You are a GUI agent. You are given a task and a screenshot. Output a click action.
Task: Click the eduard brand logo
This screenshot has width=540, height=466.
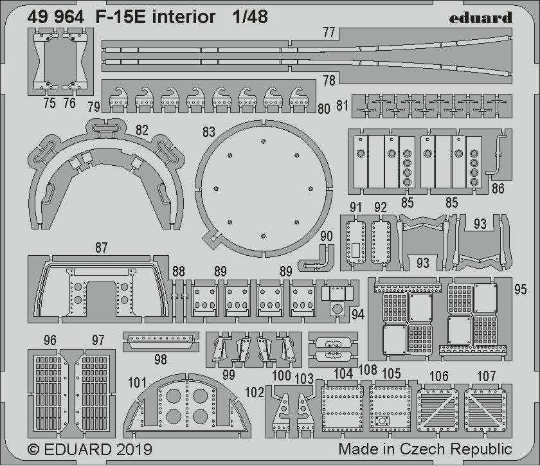[x=480, y=18]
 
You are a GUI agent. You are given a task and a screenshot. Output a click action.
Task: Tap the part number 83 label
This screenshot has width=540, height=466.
[x=209, y=132]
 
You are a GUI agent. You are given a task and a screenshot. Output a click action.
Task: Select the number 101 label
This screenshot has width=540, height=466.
[x=137, y=382]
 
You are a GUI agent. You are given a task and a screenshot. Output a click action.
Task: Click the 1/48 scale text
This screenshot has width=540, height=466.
[x=250, y=17]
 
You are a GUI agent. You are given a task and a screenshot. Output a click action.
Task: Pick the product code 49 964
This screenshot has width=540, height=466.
[x=56, y=17]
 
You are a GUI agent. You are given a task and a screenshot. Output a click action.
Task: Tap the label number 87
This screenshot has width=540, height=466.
[x=102, y=247]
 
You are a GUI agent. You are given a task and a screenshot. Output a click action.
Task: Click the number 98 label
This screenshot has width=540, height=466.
[x=161, y=359]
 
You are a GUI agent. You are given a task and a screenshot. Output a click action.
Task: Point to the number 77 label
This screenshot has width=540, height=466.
[x=329, y=32]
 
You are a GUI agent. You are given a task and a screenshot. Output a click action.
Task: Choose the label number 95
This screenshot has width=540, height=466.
[x=520, y=289]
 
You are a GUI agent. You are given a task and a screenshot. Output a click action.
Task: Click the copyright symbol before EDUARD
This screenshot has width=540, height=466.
[x=33, y=449]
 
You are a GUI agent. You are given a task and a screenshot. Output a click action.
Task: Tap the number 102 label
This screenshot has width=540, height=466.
[x=255, y=392]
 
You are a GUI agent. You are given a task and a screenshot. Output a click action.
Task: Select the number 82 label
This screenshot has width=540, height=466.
[x=142, y=130]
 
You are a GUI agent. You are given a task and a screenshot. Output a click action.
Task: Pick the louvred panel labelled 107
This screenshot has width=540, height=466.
[x=485, y=410]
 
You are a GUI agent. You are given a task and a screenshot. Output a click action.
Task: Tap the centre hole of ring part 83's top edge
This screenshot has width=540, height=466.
[x=263, y=141]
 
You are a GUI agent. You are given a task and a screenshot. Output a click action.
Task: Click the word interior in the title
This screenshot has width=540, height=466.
[x=184, y=17]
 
